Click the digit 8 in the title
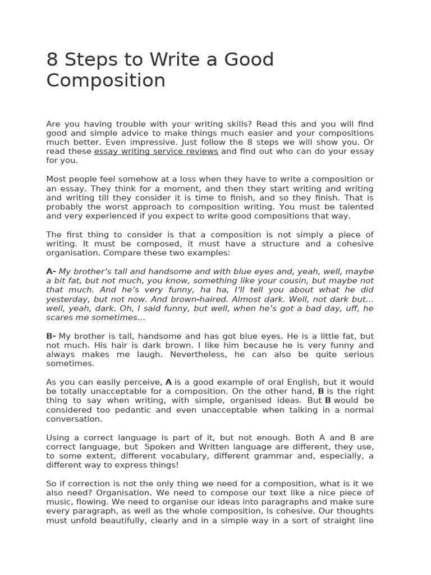point(53,60)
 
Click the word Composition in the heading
point(106,81)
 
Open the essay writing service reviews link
point(156,151)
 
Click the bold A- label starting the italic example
point(51,271)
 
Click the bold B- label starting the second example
point(51,336)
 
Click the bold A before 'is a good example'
point(168,382)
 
